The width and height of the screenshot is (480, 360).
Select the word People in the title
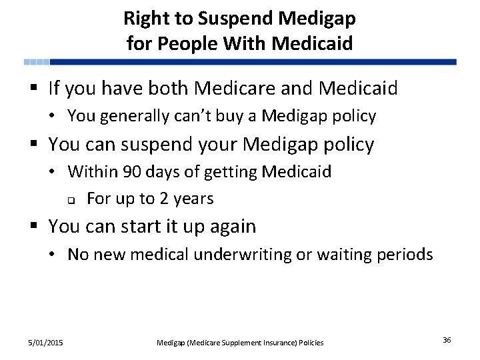(x=184, y=43)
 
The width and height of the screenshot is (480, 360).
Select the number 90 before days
(x=132, y=172)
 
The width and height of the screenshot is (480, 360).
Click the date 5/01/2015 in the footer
(x=46, y=343)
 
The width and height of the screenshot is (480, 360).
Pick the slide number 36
(x=447, y=341)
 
